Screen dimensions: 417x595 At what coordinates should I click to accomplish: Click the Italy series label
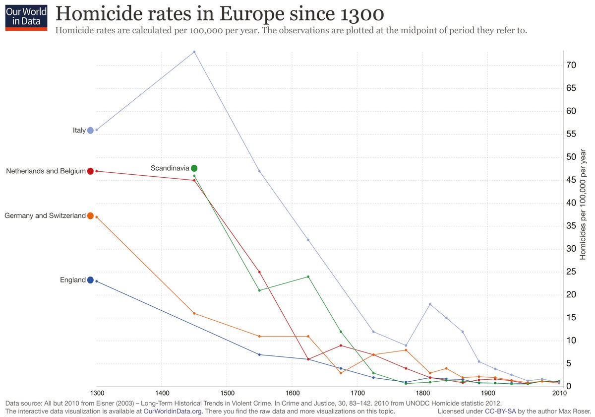click(x=79, y=131)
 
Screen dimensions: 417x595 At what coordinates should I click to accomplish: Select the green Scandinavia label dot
click(x=194, y=168)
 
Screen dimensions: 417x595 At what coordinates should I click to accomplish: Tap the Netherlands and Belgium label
click(x=46, y=171)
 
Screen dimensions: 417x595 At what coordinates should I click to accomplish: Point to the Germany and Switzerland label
click(x=45, y=216)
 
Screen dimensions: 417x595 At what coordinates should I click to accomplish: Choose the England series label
click(x=73, y=280)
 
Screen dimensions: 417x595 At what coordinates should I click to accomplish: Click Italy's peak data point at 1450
click(x=194, y=52)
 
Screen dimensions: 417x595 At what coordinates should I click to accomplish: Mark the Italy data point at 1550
click(x=259, y=171)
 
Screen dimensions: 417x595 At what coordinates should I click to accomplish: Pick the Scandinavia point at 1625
click(x=308, y=277)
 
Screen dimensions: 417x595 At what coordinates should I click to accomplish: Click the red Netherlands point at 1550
click(x=259, y=272)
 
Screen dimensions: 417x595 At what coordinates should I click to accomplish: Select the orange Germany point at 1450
click(x=194, y=313)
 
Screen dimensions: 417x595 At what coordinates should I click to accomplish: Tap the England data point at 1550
click(x=259, y=354)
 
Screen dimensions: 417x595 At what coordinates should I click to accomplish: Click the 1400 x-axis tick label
click(x=161, y=392)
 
